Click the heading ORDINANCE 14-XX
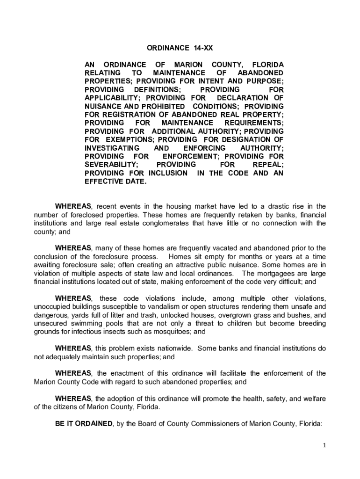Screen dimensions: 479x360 [x=180, y=48]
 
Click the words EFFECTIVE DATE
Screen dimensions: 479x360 [x=115, y=181]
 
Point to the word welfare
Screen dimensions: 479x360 [x=314, y=398]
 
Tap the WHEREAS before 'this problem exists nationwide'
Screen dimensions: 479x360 [x=73, y=348]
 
